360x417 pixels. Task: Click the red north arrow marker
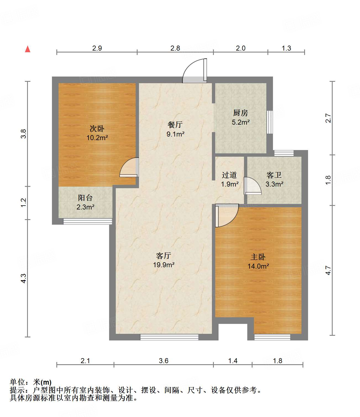[x=28, y=49]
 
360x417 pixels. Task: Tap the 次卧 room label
[x=97, y=128]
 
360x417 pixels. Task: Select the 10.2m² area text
[x=97, y=137]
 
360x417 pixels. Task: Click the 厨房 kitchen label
[x=240, y=113]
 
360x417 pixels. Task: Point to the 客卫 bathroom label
[x=274, y=175]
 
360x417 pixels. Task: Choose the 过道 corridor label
[x=229, y=175]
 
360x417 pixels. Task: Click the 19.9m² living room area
[x=164, y=265]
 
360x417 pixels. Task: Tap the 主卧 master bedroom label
[x=258, y=257]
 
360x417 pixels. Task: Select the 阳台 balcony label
[x=85, y=198]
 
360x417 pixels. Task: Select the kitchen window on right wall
[x=270, y=122]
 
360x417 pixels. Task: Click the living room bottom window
[x=169, y=337]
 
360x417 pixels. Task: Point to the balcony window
[x=88, y=221]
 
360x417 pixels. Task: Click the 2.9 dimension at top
[x=97, y=48]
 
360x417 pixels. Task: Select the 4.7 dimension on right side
[x=328, y=270]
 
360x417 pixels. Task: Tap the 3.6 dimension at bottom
[x=164, y=361]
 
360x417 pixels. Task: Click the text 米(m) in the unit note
[x=42, y=382]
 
